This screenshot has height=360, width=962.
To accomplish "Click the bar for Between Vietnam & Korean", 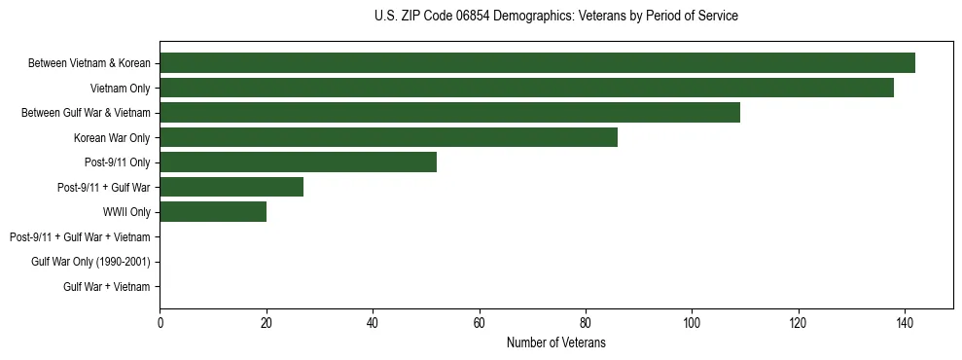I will click(x=537, y=63).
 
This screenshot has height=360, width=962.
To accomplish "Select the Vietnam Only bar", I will click(x=526, y=88).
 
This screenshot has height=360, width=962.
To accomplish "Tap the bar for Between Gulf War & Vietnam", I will click(x=449, y=113).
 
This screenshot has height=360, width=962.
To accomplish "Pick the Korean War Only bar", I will click(x=388, y=137).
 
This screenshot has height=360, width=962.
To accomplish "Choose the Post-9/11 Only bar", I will click(x=298, y=162).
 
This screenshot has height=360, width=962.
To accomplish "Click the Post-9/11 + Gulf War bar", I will click(x=232, y=187).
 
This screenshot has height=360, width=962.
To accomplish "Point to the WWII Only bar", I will click(x=213, y=212).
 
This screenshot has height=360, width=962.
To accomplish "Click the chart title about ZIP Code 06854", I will click(x=555, y=17).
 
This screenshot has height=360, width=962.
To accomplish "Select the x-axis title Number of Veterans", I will click(x=555, y=342).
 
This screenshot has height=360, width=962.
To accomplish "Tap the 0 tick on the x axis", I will click(x=160, y=322).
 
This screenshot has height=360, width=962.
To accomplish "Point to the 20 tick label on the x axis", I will click(x=267, y=322).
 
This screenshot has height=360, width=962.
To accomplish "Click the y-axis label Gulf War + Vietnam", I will click(x=106, y=286).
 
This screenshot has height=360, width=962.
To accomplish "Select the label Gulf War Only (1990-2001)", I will click(x=90, y=262).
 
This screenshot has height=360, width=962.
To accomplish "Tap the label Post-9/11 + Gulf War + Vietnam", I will click(x=80, y=236).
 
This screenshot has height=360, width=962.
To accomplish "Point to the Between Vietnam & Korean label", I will click(x=89, y=63).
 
